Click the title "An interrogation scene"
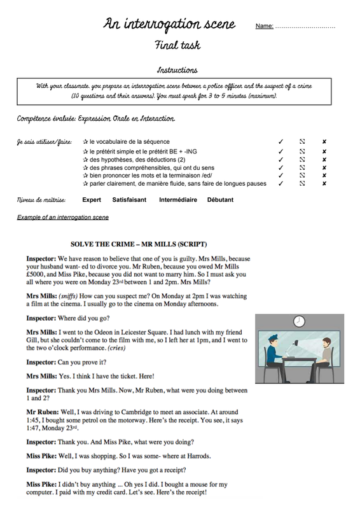(x=169, y=24)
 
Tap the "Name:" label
(x=264, y=26)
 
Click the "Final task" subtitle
(x=177, y=45)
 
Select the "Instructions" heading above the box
(x=177, y=70)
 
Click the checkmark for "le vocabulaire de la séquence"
(x=280, y=141)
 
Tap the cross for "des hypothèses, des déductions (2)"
(x=324, y=160)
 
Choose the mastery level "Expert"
(x=92, y=200)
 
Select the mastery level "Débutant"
(x=220, y=200)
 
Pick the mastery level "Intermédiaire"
(x=178, y=200)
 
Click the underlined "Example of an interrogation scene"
(x=63, y=217)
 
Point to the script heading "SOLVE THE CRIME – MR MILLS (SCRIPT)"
(x=139, y=244)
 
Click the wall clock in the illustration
(x=299, y=321)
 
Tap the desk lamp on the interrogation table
(x=292, y=348)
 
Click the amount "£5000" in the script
(x=35, y=274)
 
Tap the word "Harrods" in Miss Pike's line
(x=198, y=456)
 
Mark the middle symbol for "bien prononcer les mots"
(x=302, y=176)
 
